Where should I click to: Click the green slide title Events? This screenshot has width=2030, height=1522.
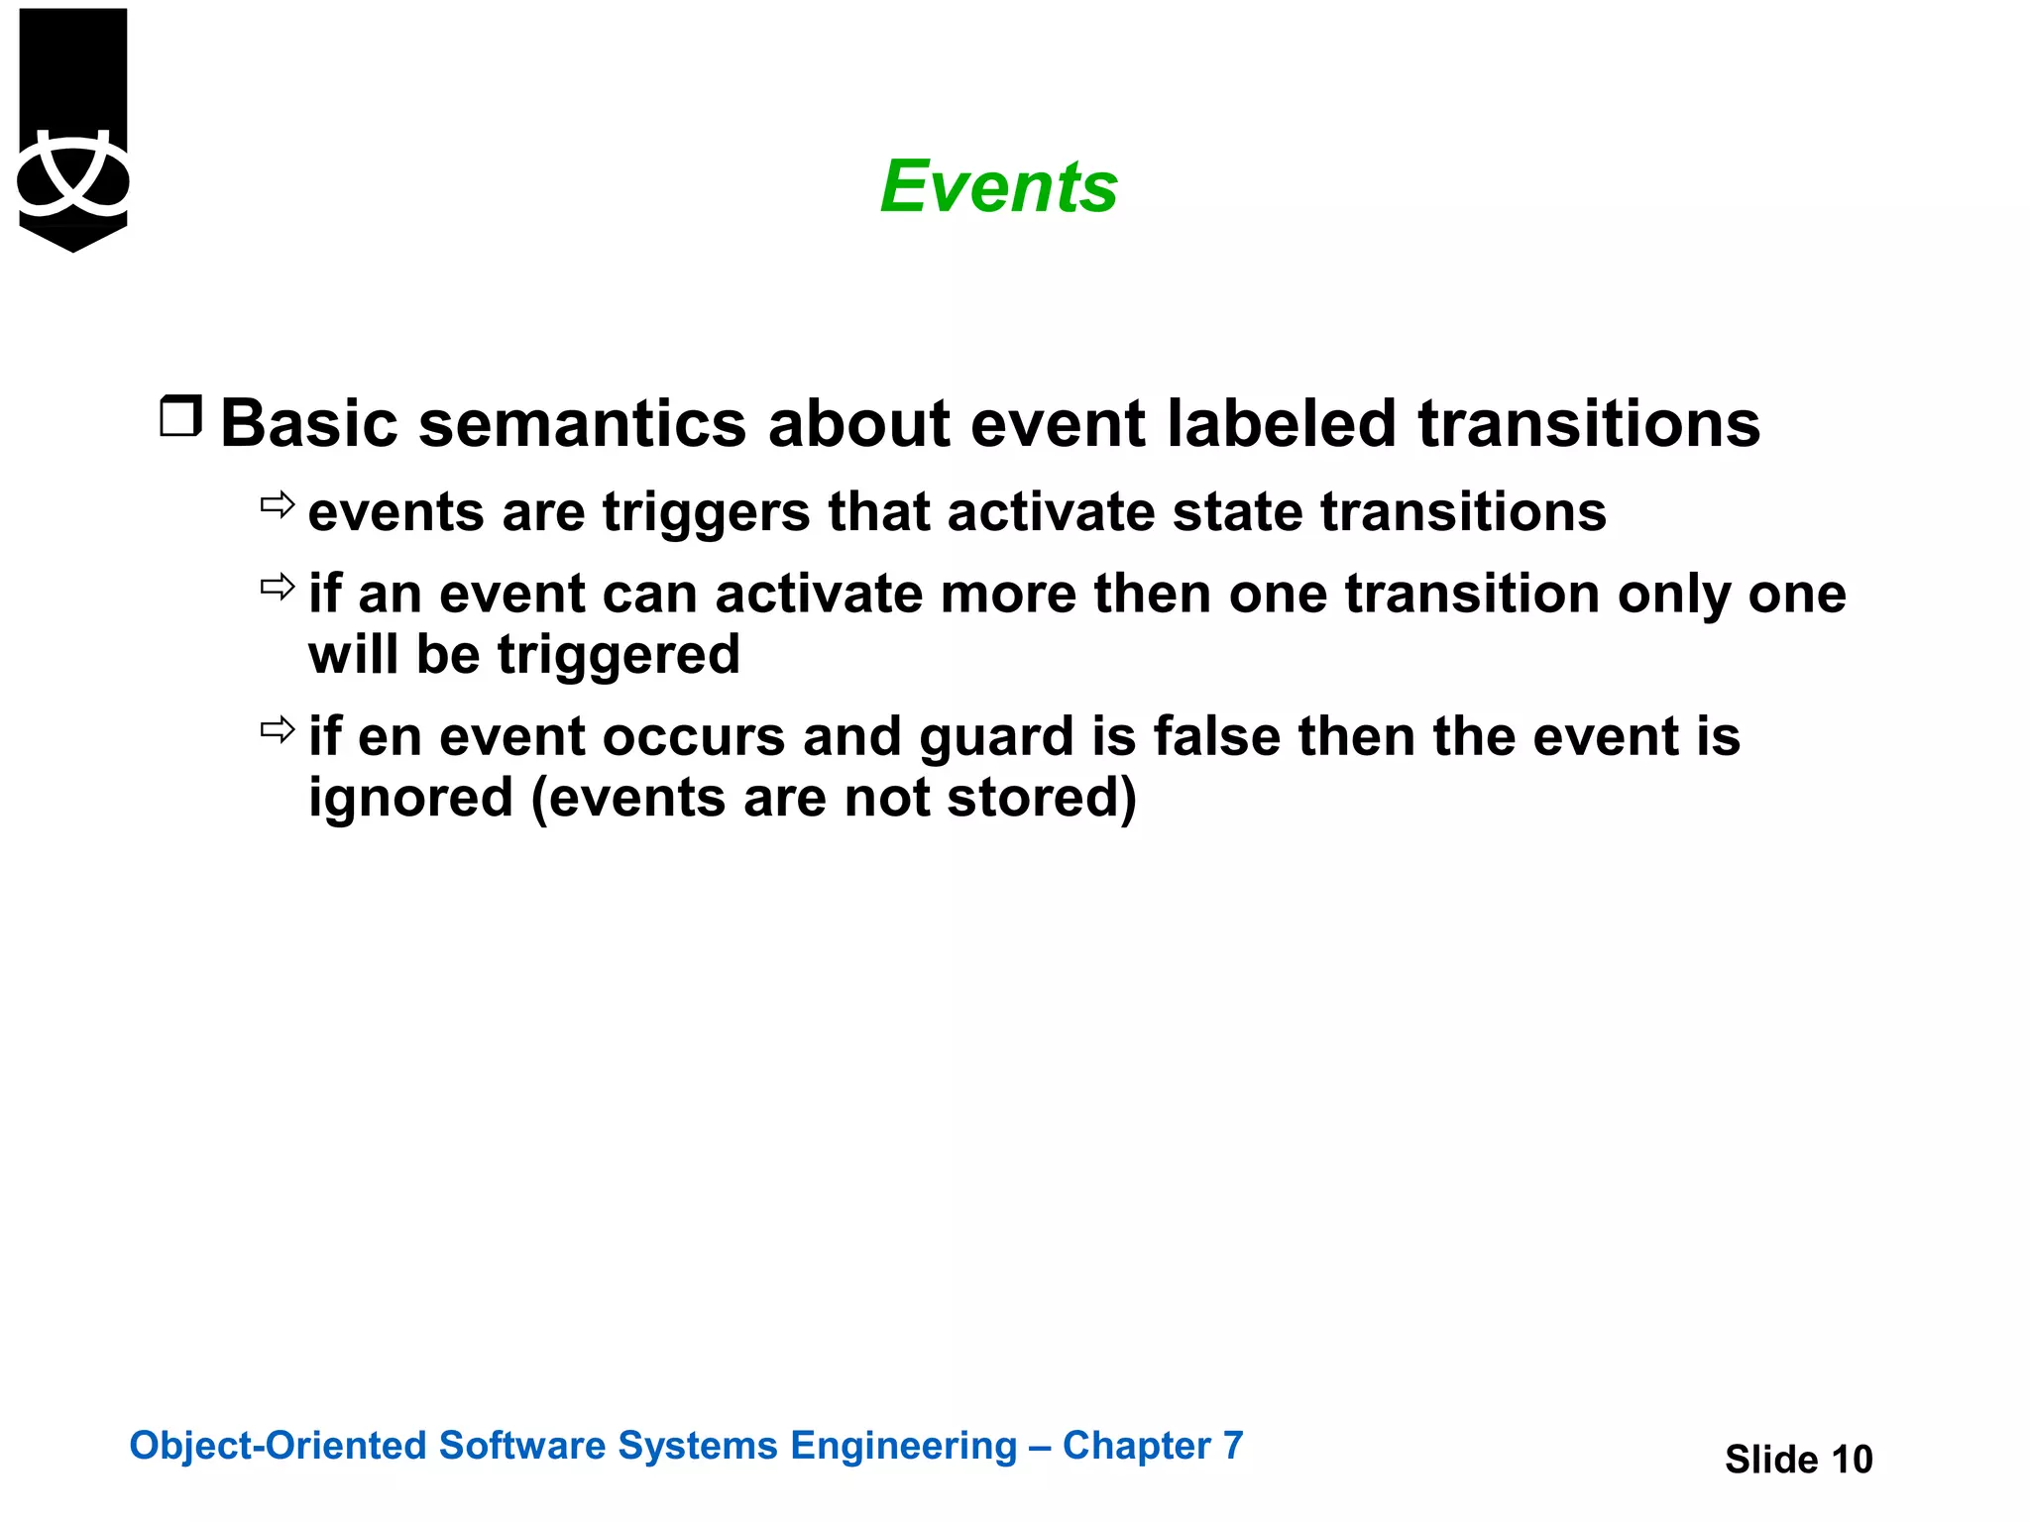click(998, 187)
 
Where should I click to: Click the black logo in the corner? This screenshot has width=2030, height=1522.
click(73, 129)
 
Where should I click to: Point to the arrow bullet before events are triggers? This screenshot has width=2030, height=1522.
click(278, 505)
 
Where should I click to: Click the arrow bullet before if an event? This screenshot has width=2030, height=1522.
click(278, 587)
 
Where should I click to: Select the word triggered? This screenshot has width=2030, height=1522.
click(618, 656)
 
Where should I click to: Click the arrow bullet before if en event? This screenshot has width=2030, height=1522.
click(278, 730)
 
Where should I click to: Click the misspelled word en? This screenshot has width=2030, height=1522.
click(390, 738)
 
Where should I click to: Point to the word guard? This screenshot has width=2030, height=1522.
click(996, 738)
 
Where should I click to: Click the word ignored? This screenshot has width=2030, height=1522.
click(410, 799)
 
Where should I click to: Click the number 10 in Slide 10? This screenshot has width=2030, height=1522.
click(1851, 1460)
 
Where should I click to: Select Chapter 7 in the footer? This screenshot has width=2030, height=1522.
click(1152, 1446)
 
